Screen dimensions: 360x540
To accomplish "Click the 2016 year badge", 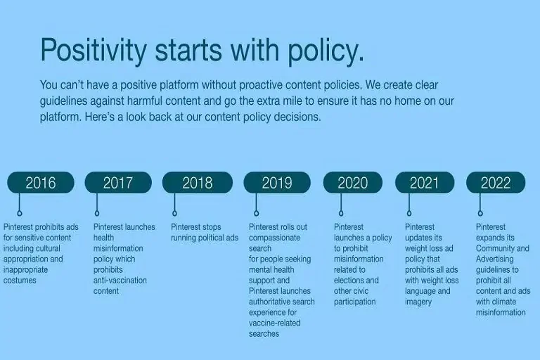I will (41, 183).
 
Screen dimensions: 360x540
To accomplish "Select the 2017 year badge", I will (118, 183).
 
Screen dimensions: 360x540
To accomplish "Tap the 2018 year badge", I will (197, 183).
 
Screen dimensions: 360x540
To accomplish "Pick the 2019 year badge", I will (276, 183).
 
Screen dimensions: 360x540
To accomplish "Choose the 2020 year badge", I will (352, 183).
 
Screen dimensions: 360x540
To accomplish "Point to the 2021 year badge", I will (424, 183).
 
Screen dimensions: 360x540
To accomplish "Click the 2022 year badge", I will (496, 183).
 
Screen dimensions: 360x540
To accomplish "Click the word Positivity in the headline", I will (94, 51).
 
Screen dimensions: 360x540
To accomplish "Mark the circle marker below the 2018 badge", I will (174, 212).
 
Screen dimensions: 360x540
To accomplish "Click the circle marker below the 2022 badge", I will (480, 212).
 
